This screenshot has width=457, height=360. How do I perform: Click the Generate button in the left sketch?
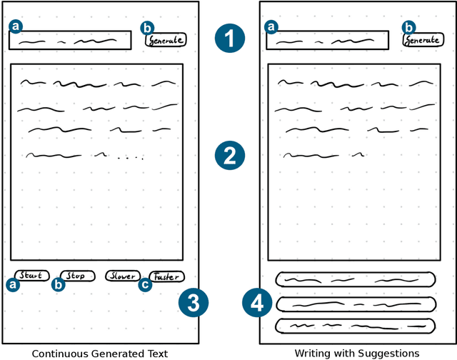click(166, 40)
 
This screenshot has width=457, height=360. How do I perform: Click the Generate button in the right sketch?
click(423, 40)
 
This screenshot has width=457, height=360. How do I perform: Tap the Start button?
click(31, 276)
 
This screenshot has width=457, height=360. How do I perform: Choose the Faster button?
click(166, 276)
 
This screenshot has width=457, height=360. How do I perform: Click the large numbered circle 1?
click(229, 39)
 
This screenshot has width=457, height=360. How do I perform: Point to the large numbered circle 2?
click(229, 156)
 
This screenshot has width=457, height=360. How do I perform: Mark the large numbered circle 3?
click(193, 303)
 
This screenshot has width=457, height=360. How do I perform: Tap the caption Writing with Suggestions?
click(356, 352)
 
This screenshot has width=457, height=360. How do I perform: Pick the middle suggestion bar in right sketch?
click(355, 304)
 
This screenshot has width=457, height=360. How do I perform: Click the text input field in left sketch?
click(70, 40)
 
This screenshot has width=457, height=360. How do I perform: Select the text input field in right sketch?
click(326, 40)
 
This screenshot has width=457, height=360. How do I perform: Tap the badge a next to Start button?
click(13, 284)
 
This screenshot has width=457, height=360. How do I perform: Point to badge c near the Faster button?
click(145, 285)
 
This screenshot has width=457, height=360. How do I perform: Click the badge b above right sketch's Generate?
click(408, 27)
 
